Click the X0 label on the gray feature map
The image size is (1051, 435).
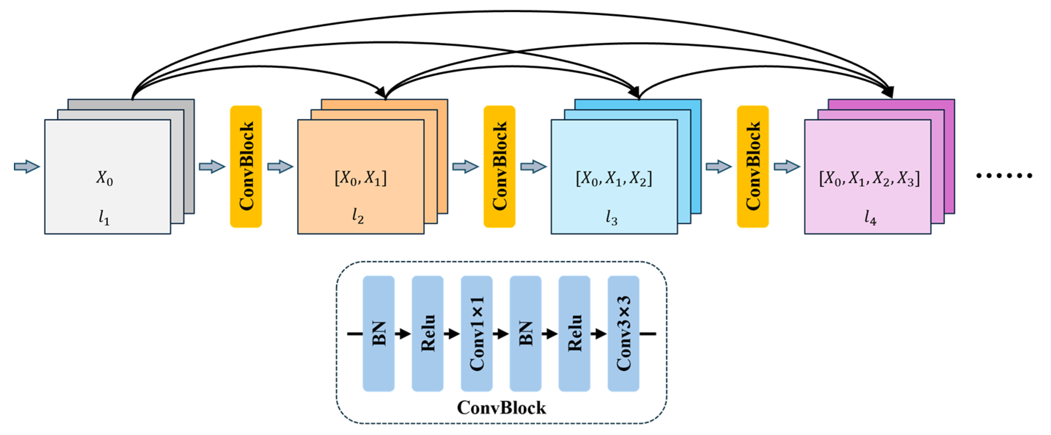[x=105, y=178]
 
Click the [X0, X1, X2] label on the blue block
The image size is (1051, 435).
[x=614, y=178]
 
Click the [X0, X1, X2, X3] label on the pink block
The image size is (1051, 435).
[x=869, y=178]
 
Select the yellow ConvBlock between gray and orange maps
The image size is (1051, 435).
[x=246, y=167]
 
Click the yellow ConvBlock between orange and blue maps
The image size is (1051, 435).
[x=499, y=167]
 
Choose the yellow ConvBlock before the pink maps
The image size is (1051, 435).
[x=753, y=167]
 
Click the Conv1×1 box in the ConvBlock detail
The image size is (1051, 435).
[x=476, y=333]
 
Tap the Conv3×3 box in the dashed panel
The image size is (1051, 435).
[x=623, y=333]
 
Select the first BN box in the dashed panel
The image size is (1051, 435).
[x=378, y=333]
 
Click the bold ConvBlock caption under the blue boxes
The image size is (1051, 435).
[x=501, y=407]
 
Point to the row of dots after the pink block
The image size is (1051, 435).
[x=1004, y=175]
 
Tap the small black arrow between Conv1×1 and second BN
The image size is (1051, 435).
[x=501, y=334]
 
